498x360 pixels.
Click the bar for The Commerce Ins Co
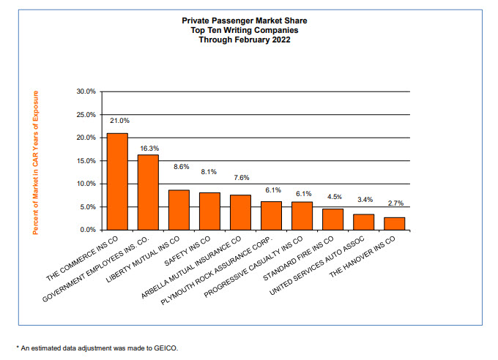(117, 181)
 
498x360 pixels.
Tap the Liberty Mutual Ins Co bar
(179, 210)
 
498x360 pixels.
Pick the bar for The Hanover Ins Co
(394, 223)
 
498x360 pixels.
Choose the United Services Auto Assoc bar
(363, 222)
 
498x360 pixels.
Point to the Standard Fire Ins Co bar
(332, 219)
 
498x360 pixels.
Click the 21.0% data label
(119, 120)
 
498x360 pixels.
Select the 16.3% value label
(149, 149)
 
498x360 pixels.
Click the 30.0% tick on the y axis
(86, 91)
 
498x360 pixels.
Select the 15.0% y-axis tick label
(86, 161)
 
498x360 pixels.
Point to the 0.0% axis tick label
(88, 230)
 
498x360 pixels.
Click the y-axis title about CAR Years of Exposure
(36, 162)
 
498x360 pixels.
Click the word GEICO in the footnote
(166, 348)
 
